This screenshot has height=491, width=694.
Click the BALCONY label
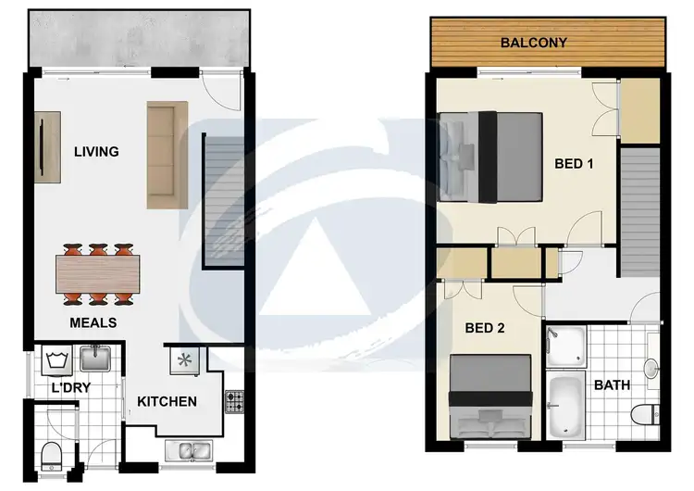click(533, 43)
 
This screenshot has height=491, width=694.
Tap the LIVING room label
click(96, 151)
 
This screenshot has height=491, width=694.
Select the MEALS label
click(93, 322)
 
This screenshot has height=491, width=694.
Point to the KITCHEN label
click(167, 401)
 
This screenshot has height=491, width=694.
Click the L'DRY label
click(70, 387)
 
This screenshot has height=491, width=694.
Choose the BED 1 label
click(573, 164)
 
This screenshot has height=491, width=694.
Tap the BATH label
click(612, 384)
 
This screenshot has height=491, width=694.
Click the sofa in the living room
click(167, 155)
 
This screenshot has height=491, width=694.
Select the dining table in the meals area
click(97, 273)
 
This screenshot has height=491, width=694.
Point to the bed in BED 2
click(490, 396)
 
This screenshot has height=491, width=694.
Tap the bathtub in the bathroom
click(564, 406)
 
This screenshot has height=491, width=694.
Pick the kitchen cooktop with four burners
click(232, 401)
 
